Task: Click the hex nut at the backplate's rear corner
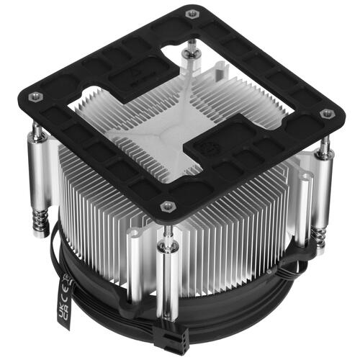tap(191, 14)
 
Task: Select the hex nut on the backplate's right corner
tap(324, 113)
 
